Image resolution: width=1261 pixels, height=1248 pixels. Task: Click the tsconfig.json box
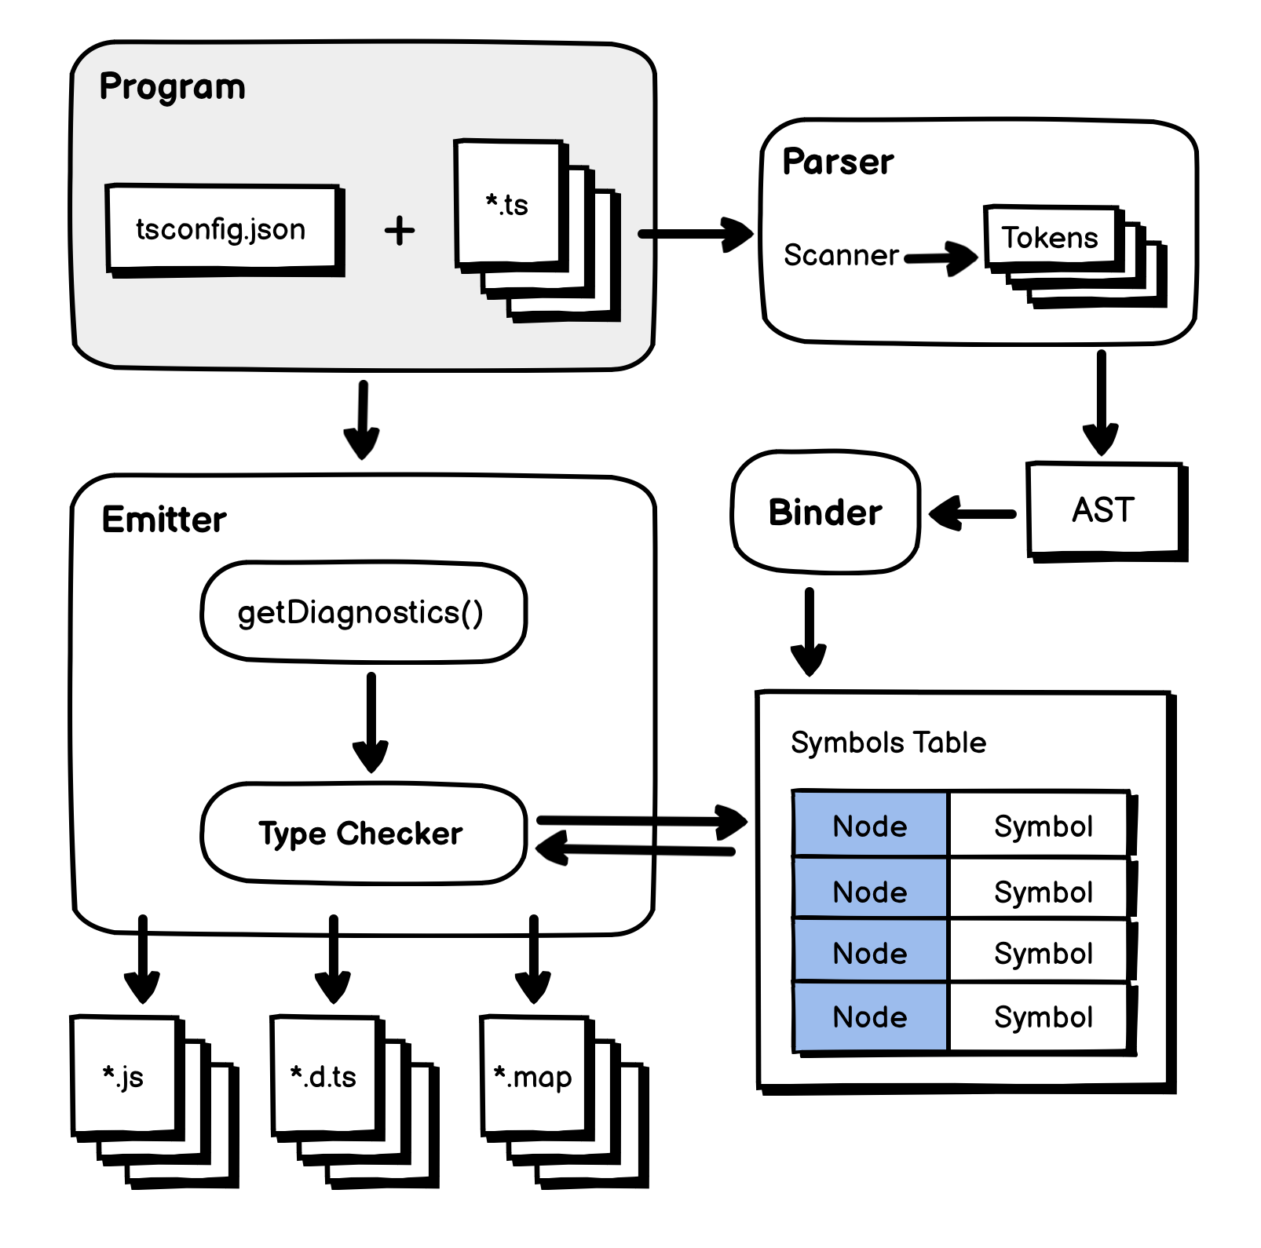[221, 229]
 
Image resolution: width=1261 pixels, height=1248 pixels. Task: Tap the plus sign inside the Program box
[400, 231]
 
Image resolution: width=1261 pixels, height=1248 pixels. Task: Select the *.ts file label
[507, 205]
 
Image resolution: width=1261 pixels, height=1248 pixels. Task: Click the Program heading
[172, 86]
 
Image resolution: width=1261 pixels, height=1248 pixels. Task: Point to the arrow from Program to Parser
[694, 233]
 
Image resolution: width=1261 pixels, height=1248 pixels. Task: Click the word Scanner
[840, 255]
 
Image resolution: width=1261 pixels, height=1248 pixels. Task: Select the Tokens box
[1050, 237]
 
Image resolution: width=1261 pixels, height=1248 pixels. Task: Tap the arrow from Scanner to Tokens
[941, 257]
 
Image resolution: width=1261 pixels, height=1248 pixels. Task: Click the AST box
[1103, 509]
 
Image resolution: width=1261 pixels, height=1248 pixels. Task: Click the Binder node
[825, 512]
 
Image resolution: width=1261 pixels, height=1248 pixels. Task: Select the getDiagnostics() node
[362, 612]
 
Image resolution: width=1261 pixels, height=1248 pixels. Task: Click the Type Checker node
[362, 834]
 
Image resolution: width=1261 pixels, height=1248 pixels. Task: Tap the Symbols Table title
[888, 743]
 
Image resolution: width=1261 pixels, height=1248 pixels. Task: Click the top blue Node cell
[870, 825]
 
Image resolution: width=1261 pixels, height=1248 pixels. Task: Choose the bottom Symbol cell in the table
[1043, 1017]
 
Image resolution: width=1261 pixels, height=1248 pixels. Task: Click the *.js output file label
[123, 1076]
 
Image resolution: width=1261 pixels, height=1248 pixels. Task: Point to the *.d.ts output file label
[323, 1076]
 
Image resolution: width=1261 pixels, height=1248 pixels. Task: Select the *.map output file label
[533, 1076]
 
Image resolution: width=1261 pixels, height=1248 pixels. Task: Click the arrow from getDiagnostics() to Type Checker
[371, 722]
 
